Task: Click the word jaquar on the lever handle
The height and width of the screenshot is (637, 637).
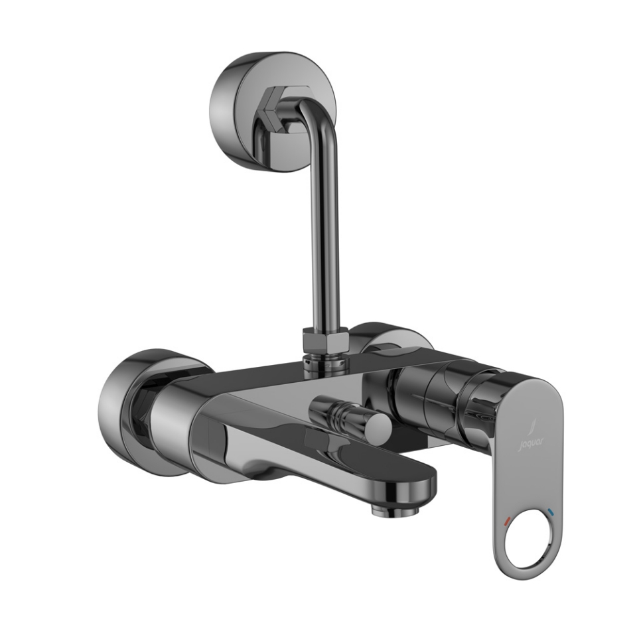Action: (530, 440)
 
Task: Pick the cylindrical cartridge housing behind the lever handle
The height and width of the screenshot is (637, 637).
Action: (438, 395)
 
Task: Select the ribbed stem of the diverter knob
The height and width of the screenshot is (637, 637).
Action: (342, 415)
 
